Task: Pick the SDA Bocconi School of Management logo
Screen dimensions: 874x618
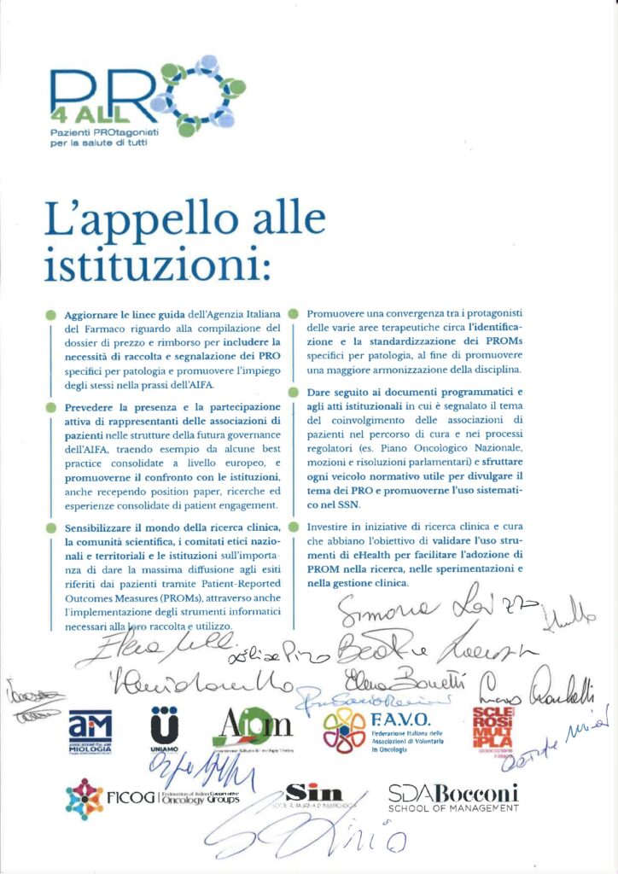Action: click(453, 799)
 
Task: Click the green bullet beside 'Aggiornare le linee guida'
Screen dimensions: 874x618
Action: click(53, 317)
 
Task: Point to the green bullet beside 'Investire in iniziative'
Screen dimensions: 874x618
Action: click(294, 527)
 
